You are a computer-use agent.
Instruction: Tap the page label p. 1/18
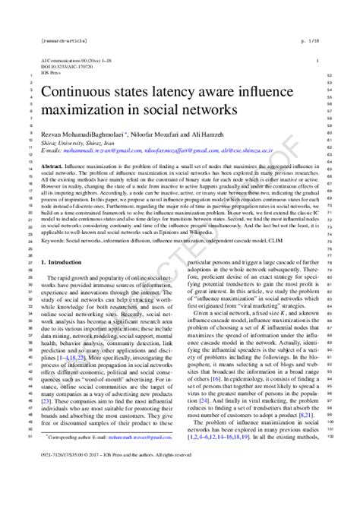click(308, 36)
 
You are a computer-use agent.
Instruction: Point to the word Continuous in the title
click(76, 93)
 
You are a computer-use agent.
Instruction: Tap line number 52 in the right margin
click(328, 74)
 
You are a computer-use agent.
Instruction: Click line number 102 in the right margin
click(328, 458)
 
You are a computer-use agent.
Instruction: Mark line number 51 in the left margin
click(28, 458)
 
